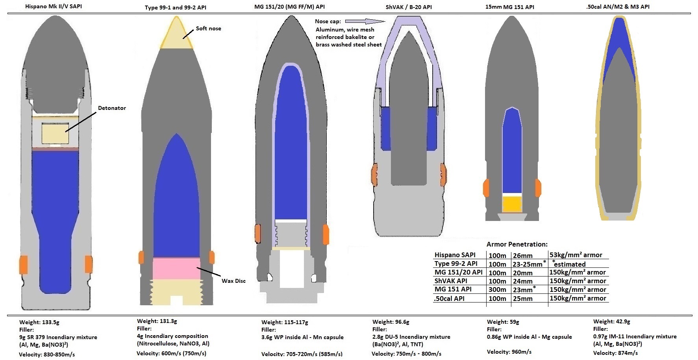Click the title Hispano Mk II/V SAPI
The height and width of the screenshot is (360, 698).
tap(54, 6)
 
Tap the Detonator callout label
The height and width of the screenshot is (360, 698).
tap(112, 108)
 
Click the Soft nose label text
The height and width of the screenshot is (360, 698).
tap(208, 28)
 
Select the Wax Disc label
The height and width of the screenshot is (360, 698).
tap(233, 281)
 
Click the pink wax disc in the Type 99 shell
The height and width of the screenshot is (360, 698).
tap(176, 269)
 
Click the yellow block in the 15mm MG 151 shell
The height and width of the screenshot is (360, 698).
tap(512, 204)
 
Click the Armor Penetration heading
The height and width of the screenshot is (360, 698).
tap(517, 244)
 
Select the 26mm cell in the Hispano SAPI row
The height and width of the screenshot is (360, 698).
tap(522, 256)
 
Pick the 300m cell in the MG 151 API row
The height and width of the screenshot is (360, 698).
tap(497, 289)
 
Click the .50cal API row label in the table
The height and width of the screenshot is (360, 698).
tap(449, 299)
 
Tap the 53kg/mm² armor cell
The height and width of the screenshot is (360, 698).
tap(576, 255)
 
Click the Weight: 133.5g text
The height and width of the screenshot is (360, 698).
tap(39, 322)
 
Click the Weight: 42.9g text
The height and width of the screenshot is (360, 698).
tap(612, 321)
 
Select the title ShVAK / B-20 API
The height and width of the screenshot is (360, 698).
tap(409, 7)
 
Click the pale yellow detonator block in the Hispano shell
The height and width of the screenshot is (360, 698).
tap(55, 134)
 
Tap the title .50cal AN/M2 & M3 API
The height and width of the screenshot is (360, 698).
tap(618, 6)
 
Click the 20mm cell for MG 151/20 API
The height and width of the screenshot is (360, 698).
tap(522, 273)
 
